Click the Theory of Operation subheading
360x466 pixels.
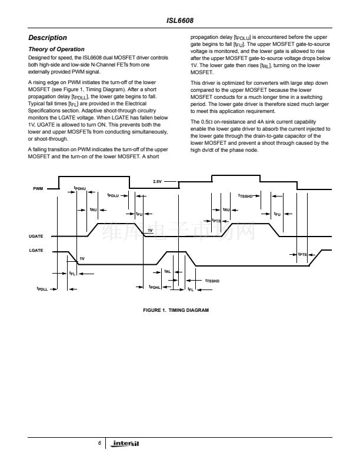point(56,49)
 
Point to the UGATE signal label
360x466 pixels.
point(36,236)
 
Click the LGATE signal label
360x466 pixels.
point(36,251)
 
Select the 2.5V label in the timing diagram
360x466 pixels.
point(157,181)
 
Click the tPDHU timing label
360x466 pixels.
point(79,188)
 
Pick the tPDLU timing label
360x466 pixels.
point(114,195)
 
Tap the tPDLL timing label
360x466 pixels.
point(42,289)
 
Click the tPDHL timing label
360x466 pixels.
point(155,287)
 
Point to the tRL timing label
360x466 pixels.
point(168,271)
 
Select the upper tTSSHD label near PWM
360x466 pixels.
point(245,195)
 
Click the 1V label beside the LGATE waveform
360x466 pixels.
point(82,259)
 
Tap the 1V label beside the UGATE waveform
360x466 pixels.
point(150,230)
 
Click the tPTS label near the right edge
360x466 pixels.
point(302,254)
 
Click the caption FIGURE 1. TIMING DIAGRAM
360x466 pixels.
point(180,310)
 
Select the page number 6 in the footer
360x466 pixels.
point(99,442)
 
